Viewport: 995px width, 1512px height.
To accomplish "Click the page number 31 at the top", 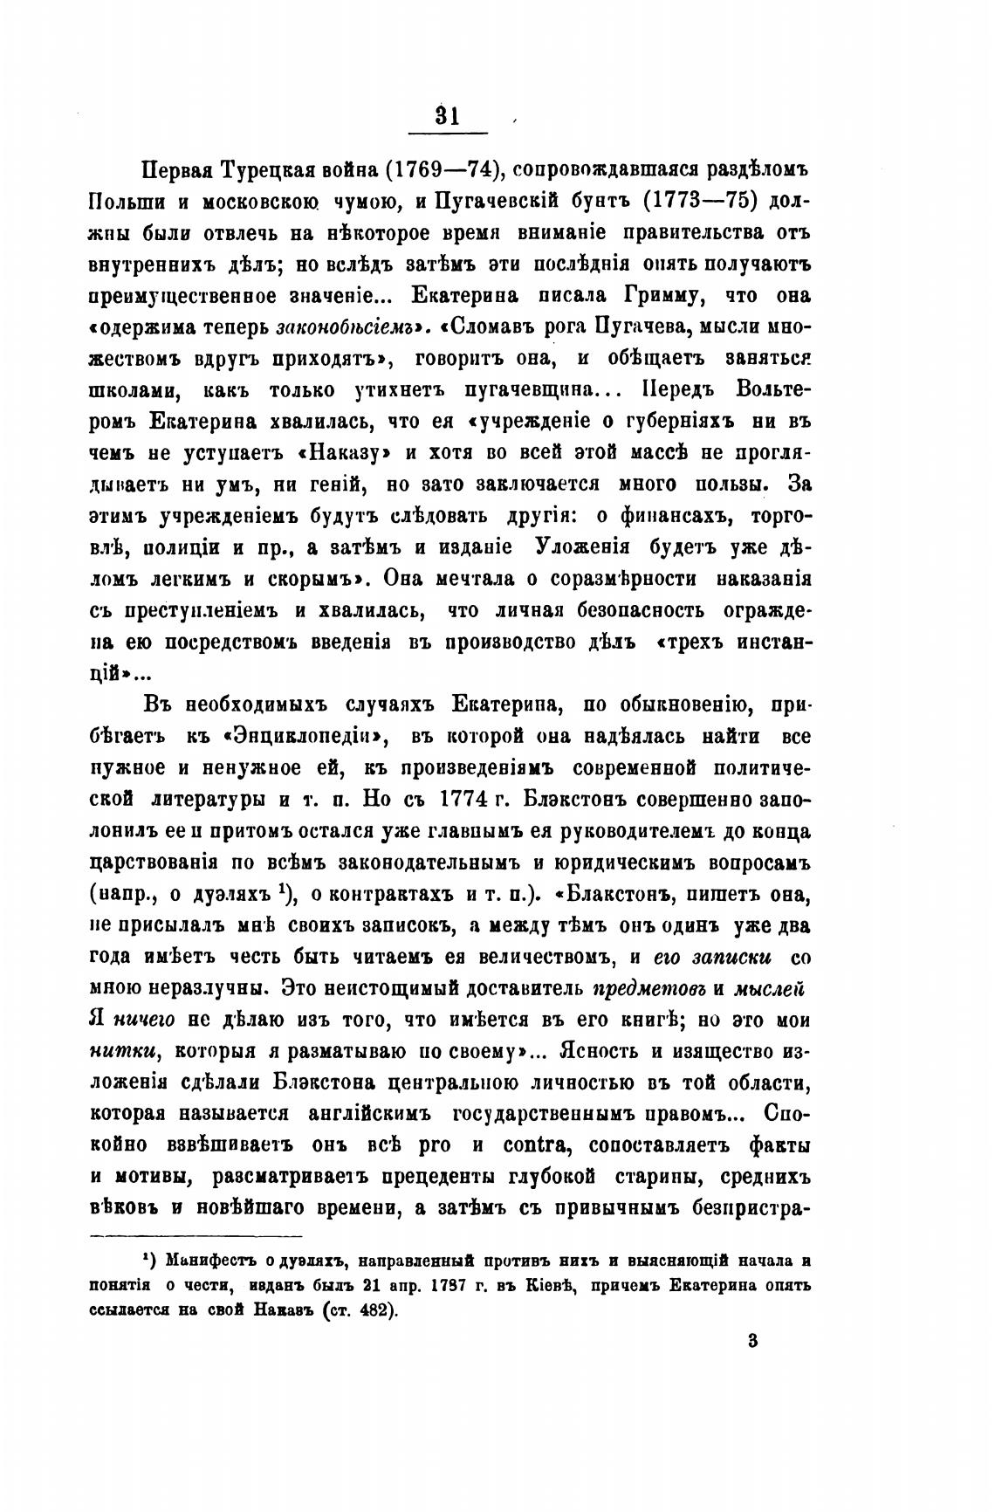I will point(447,115).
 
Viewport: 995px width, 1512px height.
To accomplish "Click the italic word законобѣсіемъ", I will point(345,328).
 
